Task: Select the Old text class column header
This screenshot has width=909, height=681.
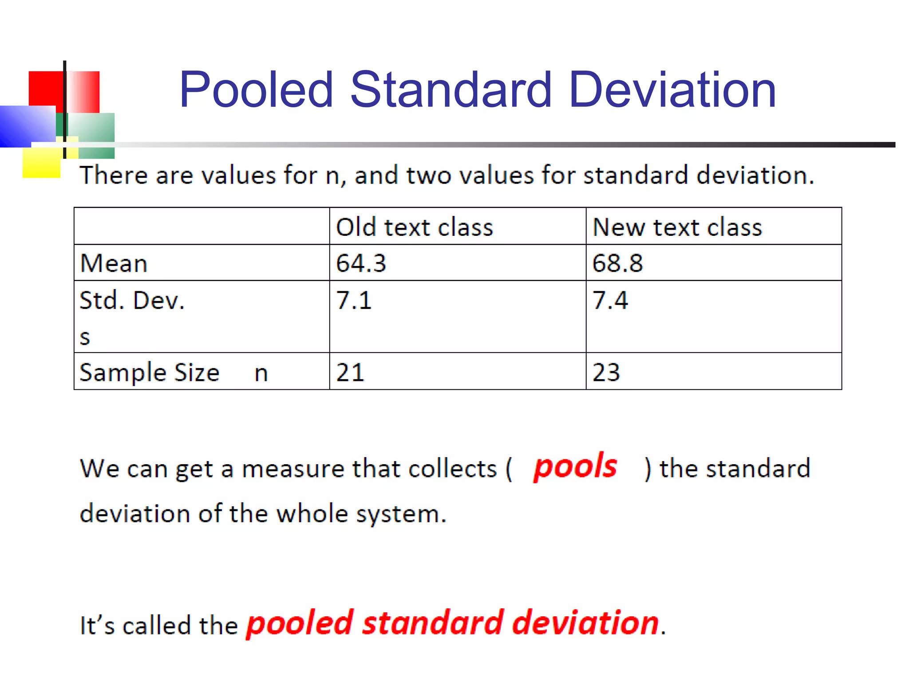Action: tap(414, 227)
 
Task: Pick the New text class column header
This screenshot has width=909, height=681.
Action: tap(677, 227)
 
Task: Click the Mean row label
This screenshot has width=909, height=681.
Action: tap(114, 263)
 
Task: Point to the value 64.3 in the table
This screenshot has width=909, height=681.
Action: tap(361, 263)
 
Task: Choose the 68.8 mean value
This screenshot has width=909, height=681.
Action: tap(617, 263)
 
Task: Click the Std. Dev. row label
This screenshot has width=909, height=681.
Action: tap(132, 300)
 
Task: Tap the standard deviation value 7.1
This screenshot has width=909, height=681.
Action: tap(353, 300)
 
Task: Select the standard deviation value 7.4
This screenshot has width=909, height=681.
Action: tap(610, 300)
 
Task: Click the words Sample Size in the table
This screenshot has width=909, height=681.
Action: tap(149, 372)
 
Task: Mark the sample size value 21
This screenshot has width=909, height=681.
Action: tap(350, 372)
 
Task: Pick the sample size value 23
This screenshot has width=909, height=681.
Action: tap(606, 372)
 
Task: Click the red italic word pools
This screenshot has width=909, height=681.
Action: tap(575, 467)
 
